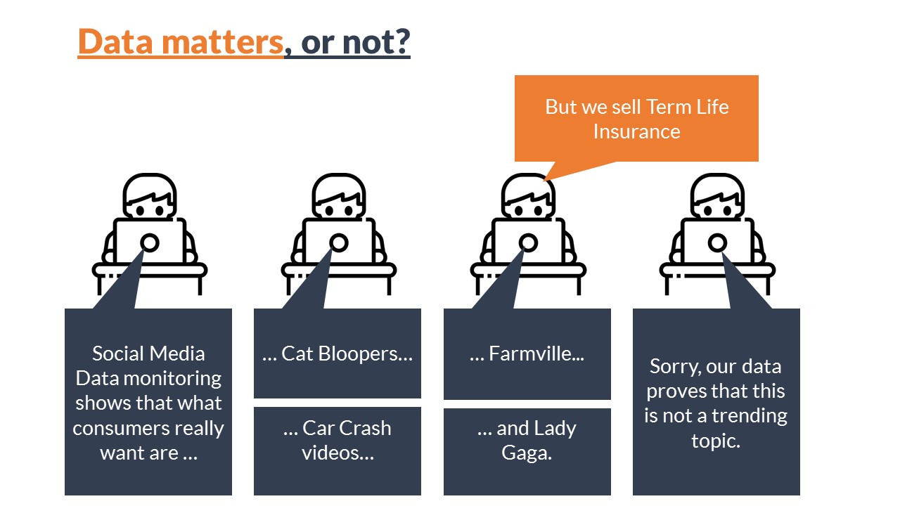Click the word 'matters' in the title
[x=223, y=41]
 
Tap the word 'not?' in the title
[x=376, y=41]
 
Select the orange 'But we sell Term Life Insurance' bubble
[x=636, y=119]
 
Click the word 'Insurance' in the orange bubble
[x=637, y=131]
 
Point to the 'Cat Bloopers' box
[x=337, y=353]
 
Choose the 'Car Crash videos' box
[x=337, y=451]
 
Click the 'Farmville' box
[x=527, y=354]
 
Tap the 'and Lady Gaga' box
[x=527, y=452]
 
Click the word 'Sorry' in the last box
[x=674, y=367]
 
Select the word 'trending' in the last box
[x=750, y=416]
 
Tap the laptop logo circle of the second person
[x=339, y=242]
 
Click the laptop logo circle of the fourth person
[x=717, y=242]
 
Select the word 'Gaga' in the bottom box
[x=527, y=453]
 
